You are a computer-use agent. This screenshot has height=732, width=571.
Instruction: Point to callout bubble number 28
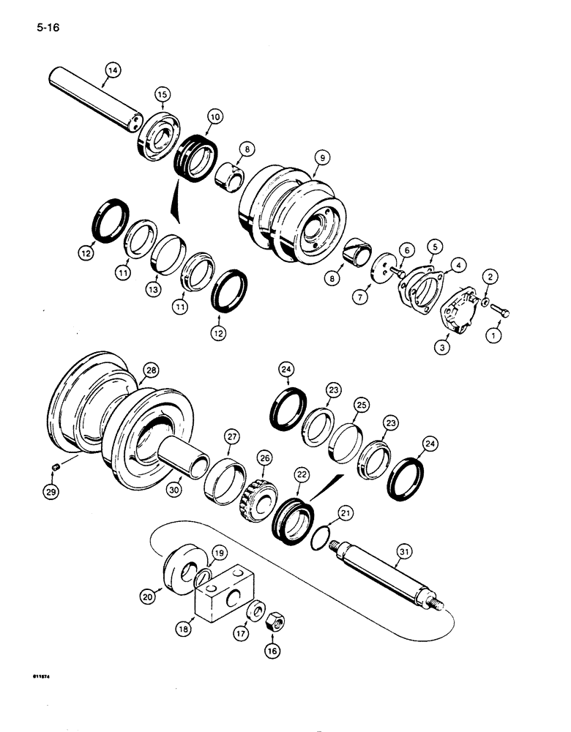coord(151,371)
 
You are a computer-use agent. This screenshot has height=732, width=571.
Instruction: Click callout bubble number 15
coord(163,94)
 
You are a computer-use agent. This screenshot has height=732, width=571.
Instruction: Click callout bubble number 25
coord(360,403)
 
